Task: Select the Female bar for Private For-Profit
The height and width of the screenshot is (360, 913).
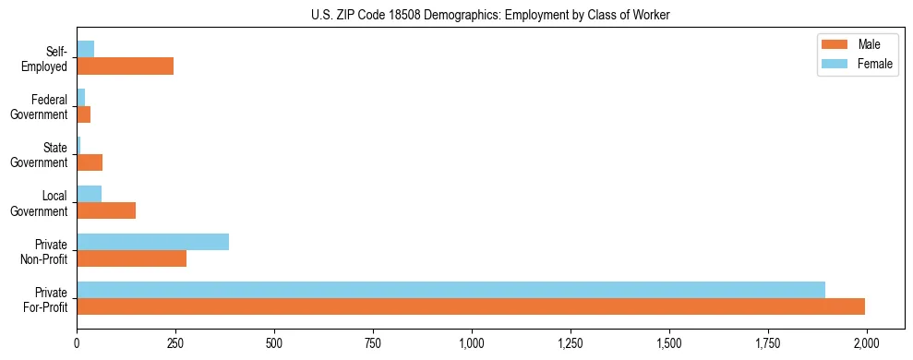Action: coord(450,290)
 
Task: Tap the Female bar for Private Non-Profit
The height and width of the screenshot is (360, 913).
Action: coord(152,242)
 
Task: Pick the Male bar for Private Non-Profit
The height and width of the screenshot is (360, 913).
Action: coord(131,258)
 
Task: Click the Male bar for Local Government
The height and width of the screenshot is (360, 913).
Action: coord(106,210)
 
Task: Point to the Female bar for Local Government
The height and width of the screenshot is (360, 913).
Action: coord(89,194)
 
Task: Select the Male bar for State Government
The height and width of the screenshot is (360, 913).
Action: coord(90,162)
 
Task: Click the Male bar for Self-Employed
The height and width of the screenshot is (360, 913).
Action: coord(125,66)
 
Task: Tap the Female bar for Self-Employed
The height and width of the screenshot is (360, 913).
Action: coord(85,49)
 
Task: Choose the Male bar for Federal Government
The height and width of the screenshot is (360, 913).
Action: coord(83,114)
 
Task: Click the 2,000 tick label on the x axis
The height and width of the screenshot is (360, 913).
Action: coord(866,342)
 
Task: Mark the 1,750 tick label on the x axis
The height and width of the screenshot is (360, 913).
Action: coord(767,342)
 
